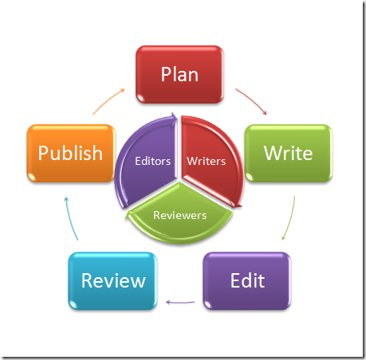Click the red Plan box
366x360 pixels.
[179, 74]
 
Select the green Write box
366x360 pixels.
[289, 153]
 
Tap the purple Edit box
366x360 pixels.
[247, 281]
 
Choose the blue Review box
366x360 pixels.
[112, 281]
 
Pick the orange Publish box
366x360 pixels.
[71, 153]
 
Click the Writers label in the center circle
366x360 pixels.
[207, 161]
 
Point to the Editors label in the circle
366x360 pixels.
[153, 161]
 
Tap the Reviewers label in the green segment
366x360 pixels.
[180, 215]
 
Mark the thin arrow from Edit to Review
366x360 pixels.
[180, 302]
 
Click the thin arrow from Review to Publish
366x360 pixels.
[70, 218]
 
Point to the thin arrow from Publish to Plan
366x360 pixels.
[108, 100]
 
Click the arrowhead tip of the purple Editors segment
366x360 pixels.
[177, 117]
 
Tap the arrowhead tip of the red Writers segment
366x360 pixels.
[242, 206]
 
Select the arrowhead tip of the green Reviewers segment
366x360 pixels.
[125, 218]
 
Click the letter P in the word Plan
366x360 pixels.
[166, 74]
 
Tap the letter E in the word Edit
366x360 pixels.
[235, 280]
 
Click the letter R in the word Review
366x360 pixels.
[87, 280]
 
